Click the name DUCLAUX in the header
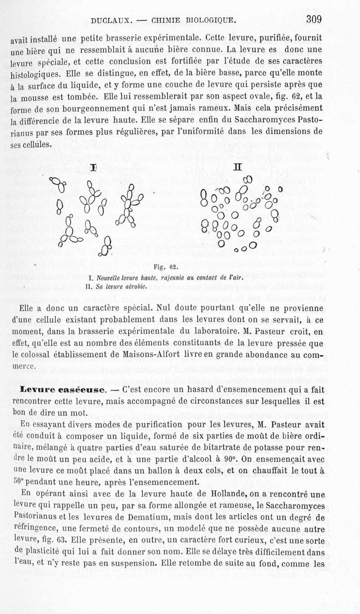pyautogui.click(x=110, y=20)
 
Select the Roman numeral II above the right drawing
pyautogui.click(x=237, y=167)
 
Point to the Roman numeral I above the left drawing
pyautogui.click(x=93, y=167)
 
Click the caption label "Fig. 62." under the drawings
pyautogui.click(x=163, y=266)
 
